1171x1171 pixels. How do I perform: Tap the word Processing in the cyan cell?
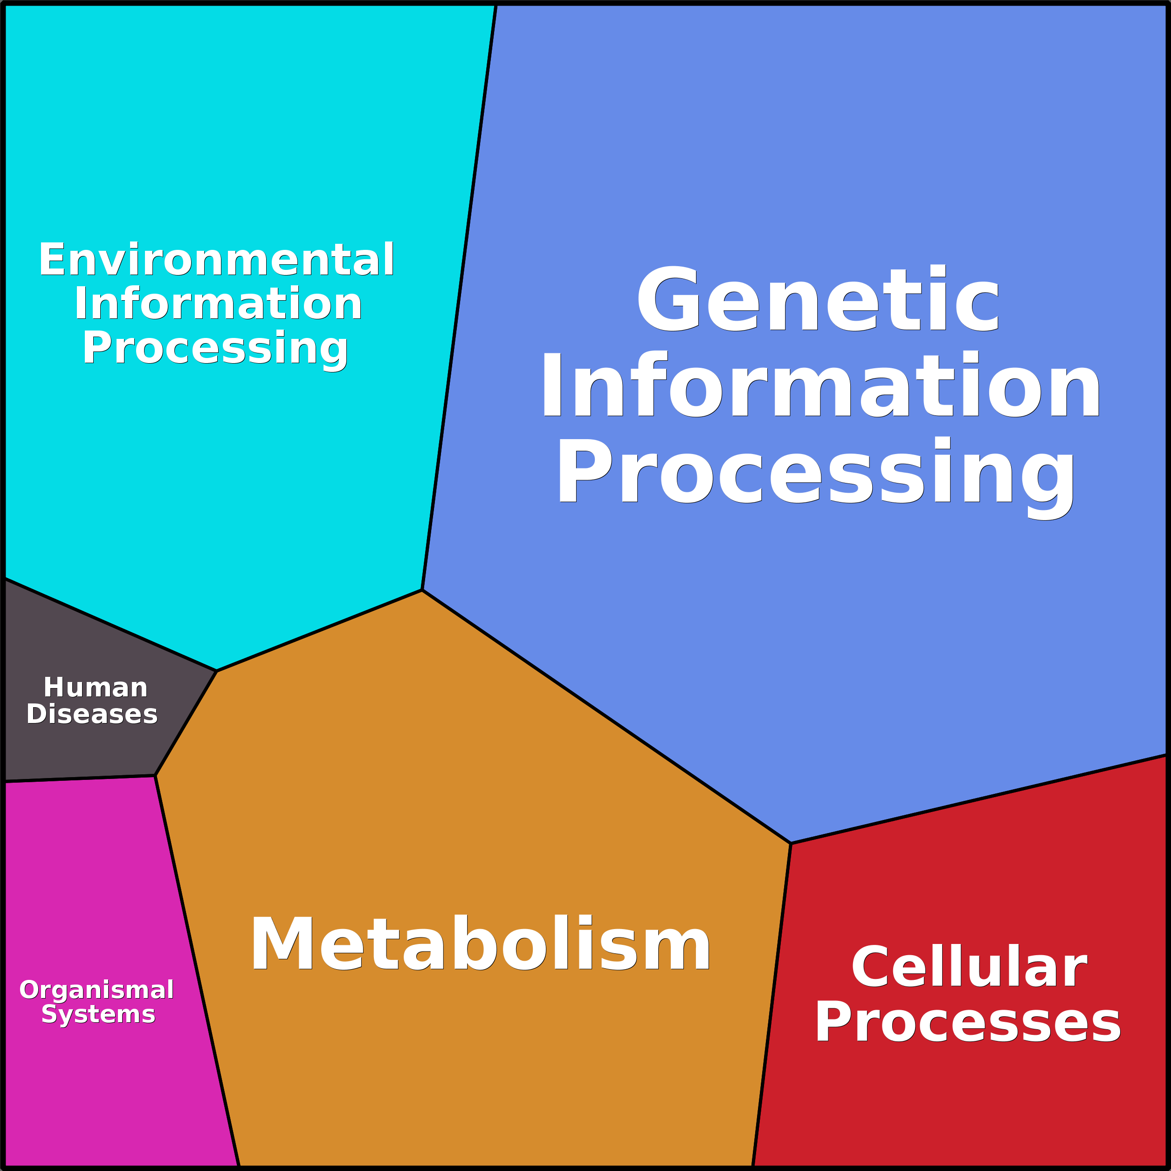(x=215, y=349)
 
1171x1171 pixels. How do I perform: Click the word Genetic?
(x=818, y=299)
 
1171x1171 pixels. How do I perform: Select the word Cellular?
(x=969, y=967)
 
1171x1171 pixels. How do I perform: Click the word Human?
(x=96, y=688)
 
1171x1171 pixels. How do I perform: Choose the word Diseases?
(x=92, y=714)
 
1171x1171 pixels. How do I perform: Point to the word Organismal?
(x=97, y=989)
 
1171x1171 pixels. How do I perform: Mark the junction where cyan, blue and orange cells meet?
(x=422, y=590)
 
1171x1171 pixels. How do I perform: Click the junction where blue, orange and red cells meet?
(x=790, y=843)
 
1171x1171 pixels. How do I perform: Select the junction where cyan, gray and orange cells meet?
(x=216, y=671)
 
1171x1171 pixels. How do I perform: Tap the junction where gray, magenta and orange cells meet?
(x=155, y=776)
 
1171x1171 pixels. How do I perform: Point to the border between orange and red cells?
(x=771, y=1004)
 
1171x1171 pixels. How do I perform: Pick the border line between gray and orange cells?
(x=186, y=723)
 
